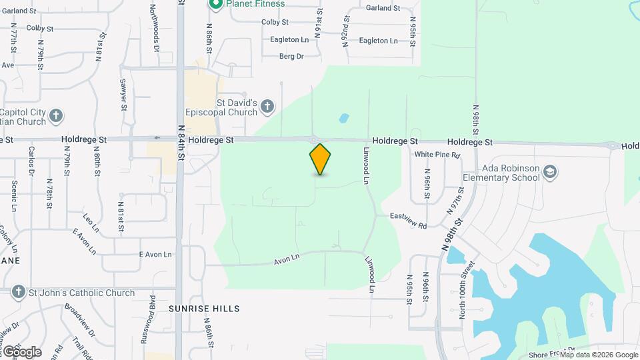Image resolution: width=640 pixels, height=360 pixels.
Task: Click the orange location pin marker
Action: (x=321, y=159)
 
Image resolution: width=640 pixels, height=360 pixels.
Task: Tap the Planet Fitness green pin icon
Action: (x=215, y=4)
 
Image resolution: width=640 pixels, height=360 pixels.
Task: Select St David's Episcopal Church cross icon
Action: (x=267, y=106)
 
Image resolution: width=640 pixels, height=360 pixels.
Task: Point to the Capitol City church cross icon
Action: (x=57, y=115)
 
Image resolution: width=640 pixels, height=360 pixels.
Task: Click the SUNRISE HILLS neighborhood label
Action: (x=203, y=309)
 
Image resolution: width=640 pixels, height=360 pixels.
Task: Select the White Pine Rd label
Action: (x=437, y=155)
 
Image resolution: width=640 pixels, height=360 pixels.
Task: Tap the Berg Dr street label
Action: (x=291, y=57)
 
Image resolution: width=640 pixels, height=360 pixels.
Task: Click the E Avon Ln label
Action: (x=155, y=255)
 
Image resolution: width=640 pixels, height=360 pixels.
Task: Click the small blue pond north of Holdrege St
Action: (x=344, y=119)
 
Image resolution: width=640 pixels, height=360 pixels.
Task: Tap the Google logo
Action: (x=21, y=351)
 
